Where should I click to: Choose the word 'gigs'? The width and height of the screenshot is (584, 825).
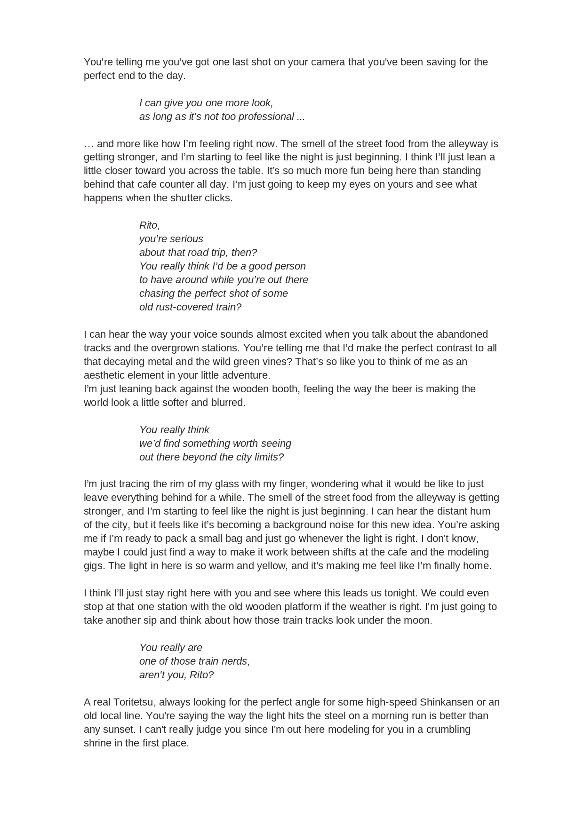(93, 566)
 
